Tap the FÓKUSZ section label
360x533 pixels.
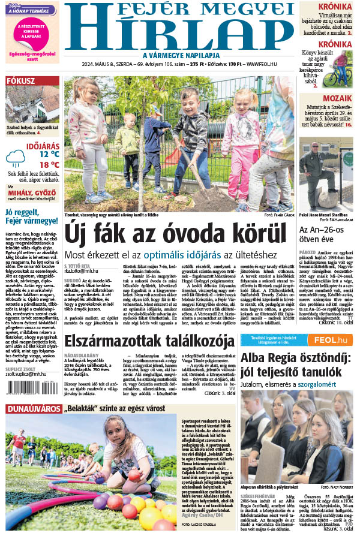(20, 82)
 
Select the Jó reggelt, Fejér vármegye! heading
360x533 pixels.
(32, 216)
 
